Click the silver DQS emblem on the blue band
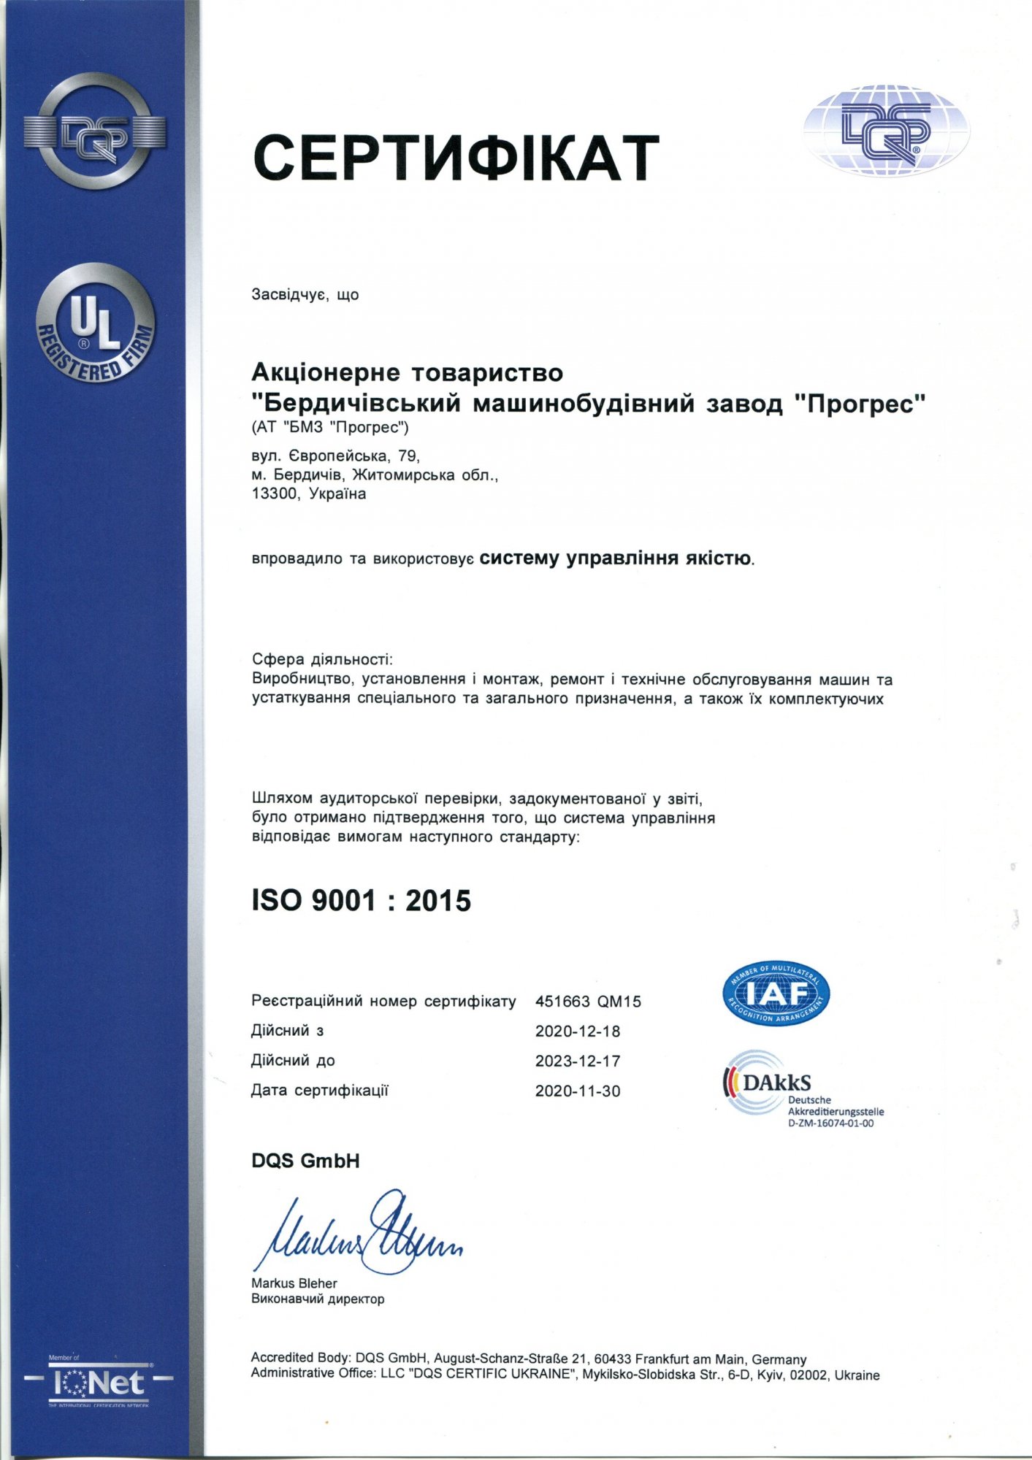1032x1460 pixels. coord(95,132)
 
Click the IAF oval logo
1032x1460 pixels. coord(776,993)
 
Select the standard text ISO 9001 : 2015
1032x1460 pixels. coord(362,901)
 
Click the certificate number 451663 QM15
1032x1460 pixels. coord(588,1002)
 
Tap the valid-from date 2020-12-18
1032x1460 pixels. coord(577,1031)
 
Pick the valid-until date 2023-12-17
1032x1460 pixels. coord(577,1061)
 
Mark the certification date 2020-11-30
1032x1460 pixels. coord(577,1091)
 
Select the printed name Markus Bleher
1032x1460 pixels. coord(294,1283)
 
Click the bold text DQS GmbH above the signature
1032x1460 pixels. coord(305,1161)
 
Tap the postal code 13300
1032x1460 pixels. coord(275,494)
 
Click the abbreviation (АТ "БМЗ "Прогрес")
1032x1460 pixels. coord(330,427)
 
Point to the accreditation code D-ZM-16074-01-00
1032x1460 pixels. coord(830,1123)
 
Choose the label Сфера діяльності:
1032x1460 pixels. coord(322,659)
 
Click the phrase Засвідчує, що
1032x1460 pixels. coord(305,295)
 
